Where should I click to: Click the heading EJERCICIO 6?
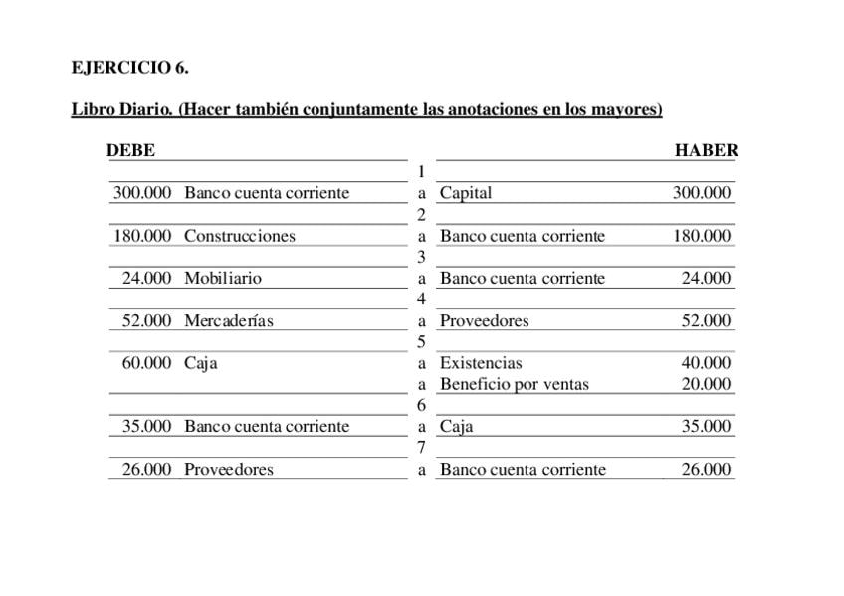pos(129,68)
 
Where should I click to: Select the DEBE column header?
pos(130,151)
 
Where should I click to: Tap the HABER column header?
pos(706,151)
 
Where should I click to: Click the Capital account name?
pos(466,193)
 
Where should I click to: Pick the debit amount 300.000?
pos(142,193)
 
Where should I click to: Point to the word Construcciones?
pos(240,237)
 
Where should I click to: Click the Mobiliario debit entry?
pos(223,279)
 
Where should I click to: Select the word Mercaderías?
pos(229,321)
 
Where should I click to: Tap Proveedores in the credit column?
pos(485,321)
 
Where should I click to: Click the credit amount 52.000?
pos(706,321)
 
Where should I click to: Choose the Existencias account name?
pos(481,363)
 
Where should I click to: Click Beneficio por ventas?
pos(515,384)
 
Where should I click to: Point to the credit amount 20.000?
pos(706,384)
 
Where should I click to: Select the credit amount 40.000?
pos(706,363)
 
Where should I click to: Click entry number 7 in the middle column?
pos(422,448)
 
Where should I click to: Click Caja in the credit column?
pos(457,427)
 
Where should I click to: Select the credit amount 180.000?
pos(702,237)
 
